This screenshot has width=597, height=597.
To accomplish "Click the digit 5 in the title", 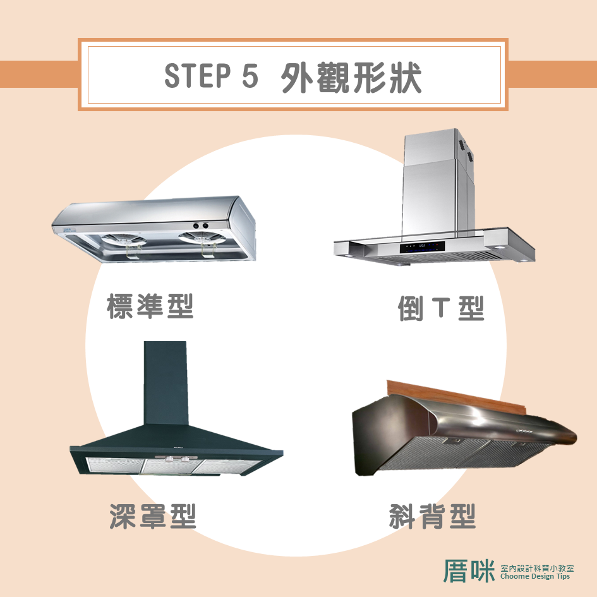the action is click(250, 75).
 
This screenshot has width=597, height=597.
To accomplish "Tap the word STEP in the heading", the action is click(198, 75).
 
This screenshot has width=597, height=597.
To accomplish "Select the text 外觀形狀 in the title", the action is click(351, 77).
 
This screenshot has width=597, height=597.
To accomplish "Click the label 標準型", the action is click(150, 306).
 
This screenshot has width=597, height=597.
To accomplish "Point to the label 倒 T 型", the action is click(441, 308).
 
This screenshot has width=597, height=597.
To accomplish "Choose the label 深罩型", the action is click(153, 516).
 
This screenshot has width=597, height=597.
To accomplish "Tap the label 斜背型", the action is click(432, 516).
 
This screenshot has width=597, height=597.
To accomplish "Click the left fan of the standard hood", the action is click(123, 239).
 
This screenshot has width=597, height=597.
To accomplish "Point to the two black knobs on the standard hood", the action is click(201, 226).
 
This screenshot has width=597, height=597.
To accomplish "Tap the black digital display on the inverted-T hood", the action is click(422, 246).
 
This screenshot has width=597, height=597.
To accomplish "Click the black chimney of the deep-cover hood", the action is click(166, 383).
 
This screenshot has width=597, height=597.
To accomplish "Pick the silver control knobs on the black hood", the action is click(176, 458).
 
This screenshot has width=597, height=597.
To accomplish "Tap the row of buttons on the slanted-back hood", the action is click(524, 431).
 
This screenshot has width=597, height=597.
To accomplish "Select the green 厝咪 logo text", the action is click(469, 570).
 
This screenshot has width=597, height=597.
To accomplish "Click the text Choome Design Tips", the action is click(535, 576).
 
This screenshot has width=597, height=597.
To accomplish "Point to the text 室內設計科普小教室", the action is click(537, 568).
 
